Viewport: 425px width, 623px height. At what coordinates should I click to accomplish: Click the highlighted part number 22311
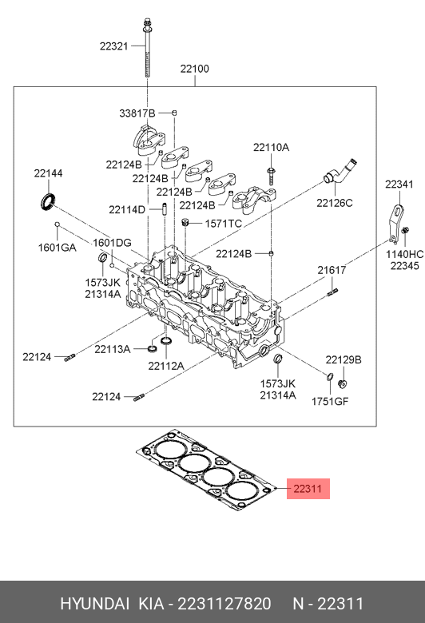307,488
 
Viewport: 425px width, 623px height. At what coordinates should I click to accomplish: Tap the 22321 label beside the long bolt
113,46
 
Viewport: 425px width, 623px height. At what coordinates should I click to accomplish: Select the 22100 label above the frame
194,69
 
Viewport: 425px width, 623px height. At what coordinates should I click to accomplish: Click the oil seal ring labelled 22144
48,201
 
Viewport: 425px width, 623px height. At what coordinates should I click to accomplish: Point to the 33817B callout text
137,113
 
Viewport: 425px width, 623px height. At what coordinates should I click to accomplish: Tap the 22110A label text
271,148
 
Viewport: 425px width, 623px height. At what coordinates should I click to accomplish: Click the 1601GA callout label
57,248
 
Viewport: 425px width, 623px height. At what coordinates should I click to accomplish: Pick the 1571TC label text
224,224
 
